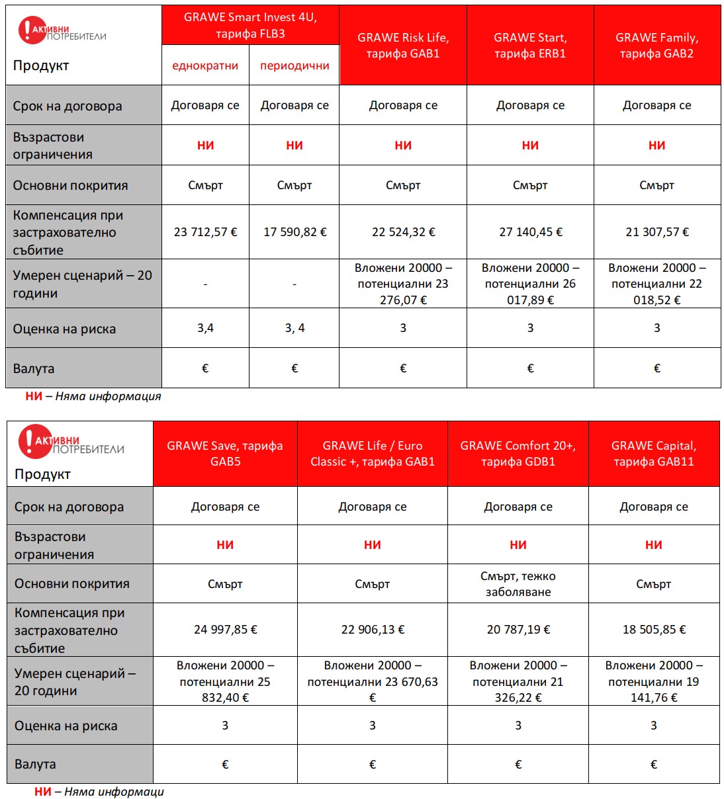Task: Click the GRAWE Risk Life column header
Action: tap(403, 46)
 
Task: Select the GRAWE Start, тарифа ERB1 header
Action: tap(530, 46)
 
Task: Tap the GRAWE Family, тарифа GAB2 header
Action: tap(656, 46)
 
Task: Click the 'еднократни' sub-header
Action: tap(205, 65)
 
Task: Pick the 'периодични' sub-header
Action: tap(294, 65)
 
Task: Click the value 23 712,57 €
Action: tap(205, 232)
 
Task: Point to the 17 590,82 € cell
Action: tap(294, 232)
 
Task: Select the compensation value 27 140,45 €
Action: tap(530, 232)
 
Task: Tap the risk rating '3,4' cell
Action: tap(205, 328)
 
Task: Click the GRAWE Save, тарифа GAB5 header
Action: tap(225, 454)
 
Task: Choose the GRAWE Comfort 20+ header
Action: tap(518, 454)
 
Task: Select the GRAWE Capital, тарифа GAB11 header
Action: tap(653, 454)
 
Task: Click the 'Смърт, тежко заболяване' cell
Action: tap(518, 584)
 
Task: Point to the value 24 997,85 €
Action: tap(225, 630)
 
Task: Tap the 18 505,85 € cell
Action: tap(653, 630)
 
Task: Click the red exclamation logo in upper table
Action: tap(27, 30)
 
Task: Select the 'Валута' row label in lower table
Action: tap(36, 765)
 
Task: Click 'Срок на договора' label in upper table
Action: tap(68, 106)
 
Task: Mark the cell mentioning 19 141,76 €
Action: tap(653, 681)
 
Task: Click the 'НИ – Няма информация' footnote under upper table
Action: tap(93, 396)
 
